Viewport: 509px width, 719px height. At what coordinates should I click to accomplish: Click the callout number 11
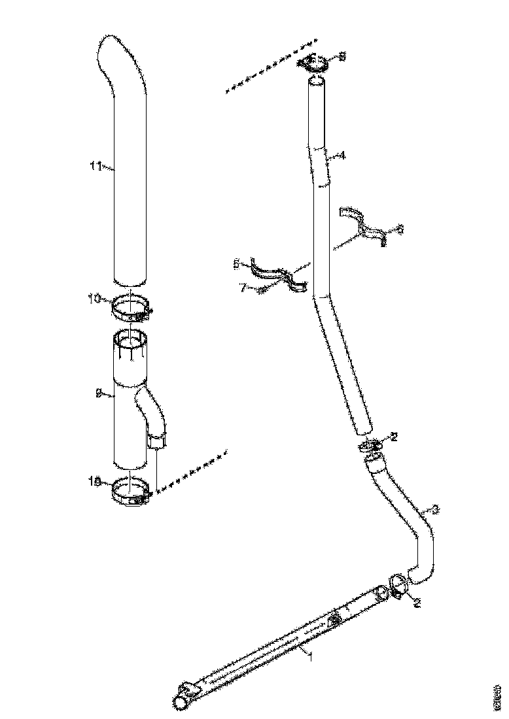click(x=96, y=167)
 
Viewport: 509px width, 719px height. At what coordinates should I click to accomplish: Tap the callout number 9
click(x=98, y=393)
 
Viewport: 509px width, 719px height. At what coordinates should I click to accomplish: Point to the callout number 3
click(x=436, y=509)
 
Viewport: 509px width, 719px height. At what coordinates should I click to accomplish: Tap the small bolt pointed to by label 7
click(x=261, y=290)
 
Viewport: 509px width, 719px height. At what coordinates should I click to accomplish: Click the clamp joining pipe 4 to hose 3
click(x=370, y=446)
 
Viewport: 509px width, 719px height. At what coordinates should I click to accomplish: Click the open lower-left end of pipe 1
click(x=179, y=701)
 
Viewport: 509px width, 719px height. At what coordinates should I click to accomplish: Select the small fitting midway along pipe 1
click(x=335, y=618)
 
